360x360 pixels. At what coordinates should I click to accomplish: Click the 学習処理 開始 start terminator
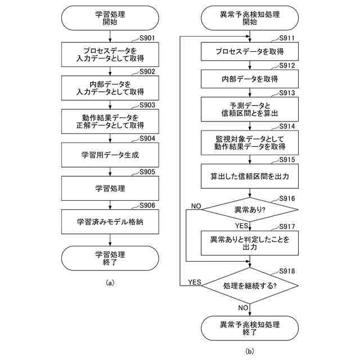(x=110, y=19)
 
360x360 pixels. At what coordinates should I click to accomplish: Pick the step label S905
(x=147, y=172)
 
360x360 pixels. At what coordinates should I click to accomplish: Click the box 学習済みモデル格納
(x=110, y=222)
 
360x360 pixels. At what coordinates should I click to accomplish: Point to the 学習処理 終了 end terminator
(x=110, y=258)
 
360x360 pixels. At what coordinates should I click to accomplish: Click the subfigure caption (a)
(x=110, y=283)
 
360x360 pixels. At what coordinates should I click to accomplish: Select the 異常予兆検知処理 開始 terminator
(x=250, y=19)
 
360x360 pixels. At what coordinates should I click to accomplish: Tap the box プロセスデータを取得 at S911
(x=250, y=52)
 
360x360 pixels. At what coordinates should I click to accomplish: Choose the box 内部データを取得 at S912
(x=250, y=79)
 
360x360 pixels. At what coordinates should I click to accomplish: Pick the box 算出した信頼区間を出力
(x=250, y=176)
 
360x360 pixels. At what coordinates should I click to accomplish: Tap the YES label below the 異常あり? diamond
(x=242, y=226)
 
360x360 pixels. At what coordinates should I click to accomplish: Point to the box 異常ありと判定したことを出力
(x=250, y=243)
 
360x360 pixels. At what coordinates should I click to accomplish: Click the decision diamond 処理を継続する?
(x=250, y=286)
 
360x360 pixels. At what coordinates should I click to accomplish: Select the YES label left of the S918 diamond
(x=195, y=282)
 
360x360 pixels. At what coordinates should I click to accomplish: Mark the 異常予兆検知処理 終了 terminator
(x=250, y=328)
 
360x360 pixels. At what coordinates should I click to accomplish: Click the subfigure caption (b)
(x=250, y=352)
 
